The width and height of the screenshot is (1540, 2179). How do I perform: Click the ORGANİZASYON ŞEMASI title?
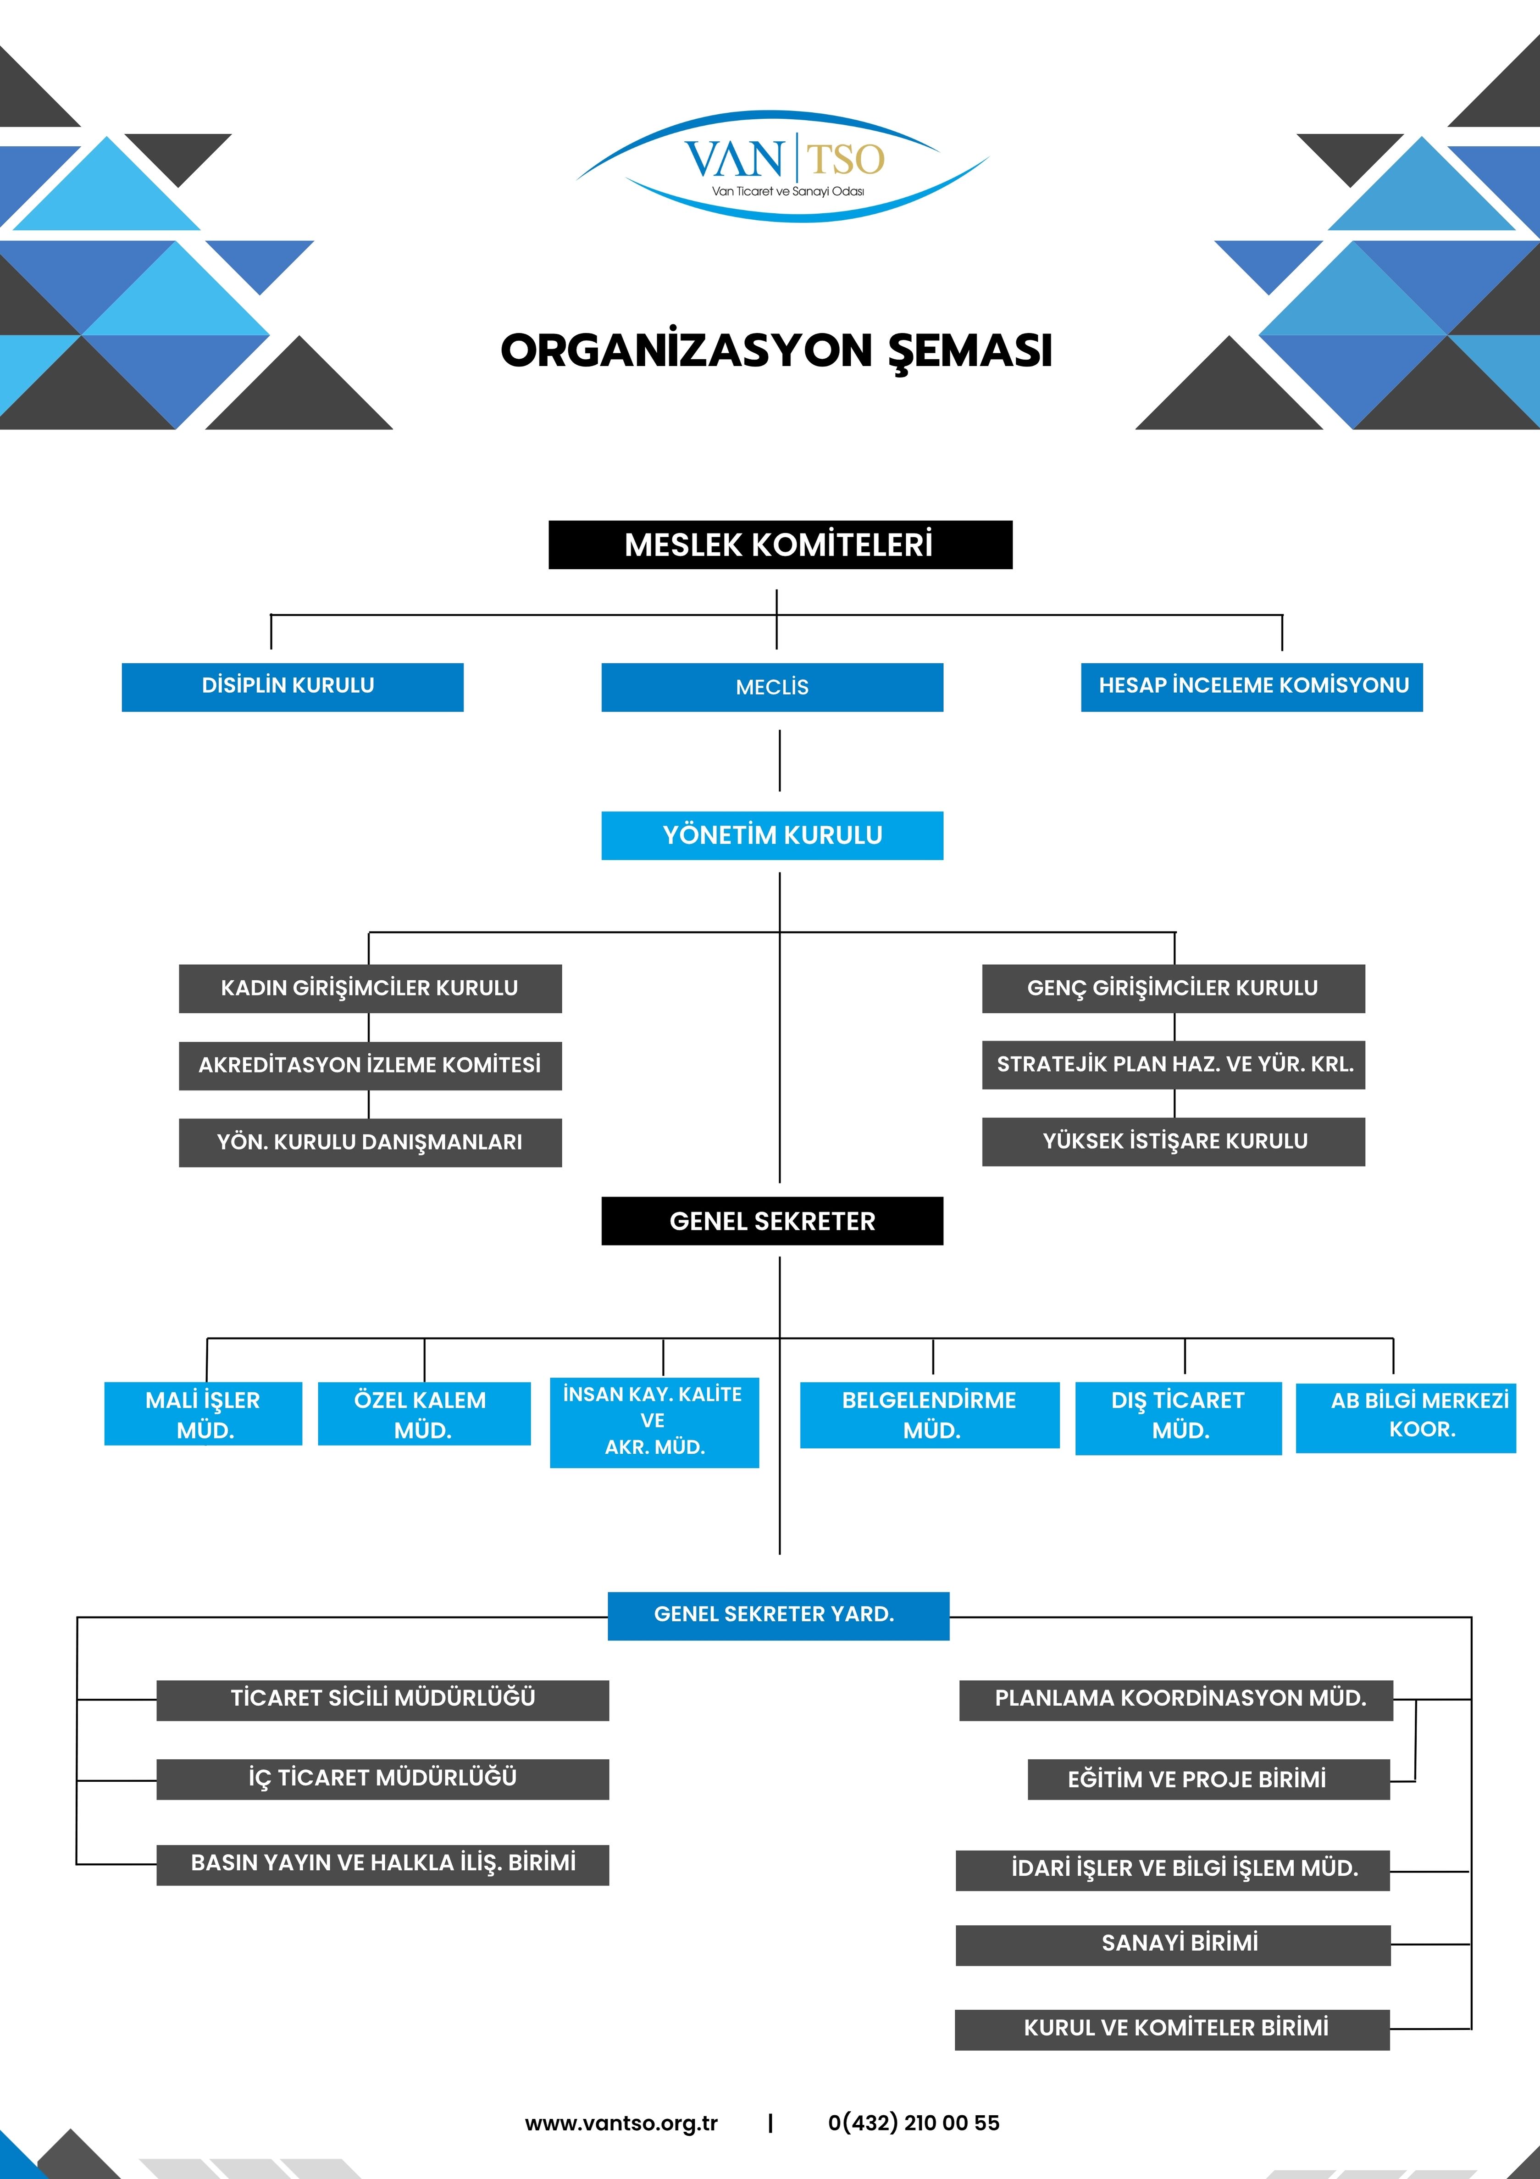tap(776, 350)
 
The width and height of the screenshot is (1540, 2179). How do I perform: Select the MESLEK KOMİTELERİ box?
tap(780, 545)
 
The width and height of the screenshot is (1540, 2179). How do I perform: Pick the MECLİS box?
tap(772, 687)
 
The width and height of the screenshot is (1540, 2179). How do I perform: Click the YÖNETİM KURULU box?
tap(772, 835)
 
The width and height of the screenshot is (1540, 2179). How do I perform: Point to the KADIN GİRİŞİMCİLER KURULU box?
tap(370, 988)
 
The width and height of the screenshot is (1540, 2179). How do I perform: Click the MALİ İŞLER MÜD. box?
tap(203, 1414)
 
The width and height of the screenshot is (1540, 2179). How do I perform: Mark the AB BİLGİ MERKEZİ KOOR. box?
tap(1405, 1416)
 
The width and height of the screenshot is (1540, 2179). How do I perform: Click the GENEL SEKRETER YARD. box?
tap(778, 1615)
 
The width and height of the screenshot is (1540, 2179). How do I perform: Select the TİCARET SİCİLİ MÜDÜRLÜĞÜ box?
tap(382, 1700)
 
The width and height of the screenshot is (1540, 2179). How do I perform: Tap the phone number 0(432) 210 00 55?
tap(914, 2123)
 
